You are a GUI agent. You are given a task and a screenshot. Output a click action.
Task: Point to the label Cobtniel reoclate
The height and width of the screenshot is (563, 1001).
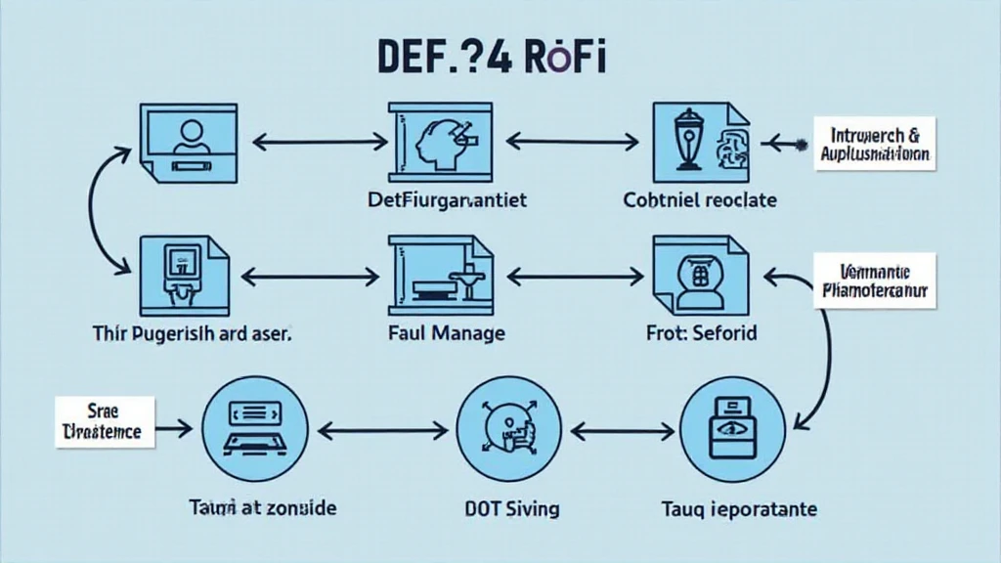point(700,200)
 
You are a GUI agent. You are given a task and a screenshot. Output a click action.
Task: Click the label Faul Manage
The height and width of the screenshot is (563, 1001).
point(446,333)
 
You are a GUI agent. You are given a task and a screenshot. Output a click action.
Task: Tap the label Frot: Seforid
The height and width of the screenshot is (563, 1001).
point(701,333)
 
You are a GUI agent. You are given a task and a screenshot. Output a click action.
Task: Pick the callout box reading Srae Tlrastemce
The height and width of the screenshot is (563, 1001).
point(105,421)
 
